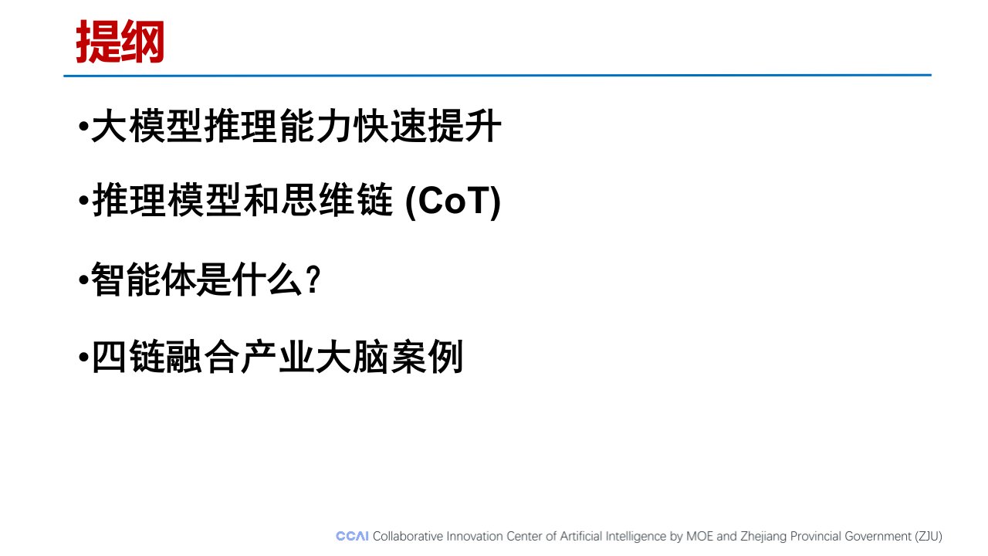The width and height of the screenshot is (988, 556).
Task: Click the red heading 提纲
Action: click(120, 42)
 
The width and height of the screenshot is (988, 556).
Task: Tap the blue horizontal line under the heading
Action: click(498, 76)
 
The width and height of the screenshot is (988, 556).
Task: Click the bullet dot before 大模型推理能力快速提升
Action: click(83, 127)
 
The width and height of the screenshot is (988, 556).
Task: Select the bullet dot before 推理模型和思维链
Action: click(83, 201)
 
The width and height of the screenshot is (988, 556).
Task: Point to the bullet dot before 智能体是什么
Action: click(83, 280)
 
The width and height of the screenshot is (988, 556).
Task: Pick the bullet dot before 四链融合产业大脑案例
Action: click(83, 357)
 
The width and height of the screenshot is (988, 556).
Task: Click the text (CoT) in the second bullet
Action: click(453, 202)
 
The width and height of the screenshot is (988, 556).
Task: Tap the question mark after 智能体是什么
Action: click(314, 280)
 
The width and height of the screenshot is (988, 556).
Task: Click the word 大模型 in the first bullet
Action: click(147, 127)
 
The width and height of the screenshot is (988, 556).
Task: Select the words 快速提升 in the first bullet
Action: click(427, 127)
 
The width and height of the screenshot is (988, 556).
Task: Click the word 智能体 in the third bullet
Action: click(143, 280)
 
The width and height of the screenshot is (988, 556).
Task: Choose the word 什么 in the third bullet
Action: click(267, 280)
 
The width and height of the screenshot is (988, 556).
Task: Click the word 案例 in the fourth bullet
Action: click(427, 357)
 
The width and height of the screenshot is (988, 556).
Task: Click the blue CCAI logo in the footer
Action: click(352, 536)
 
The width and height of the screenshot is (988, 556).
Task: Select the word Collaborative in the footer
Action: click(408, 536)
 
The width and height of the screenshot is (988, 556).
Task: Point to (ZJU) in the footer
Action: click(929, 537)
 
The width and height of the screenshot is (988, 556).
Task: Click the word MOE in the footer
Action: click(699, 536)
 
